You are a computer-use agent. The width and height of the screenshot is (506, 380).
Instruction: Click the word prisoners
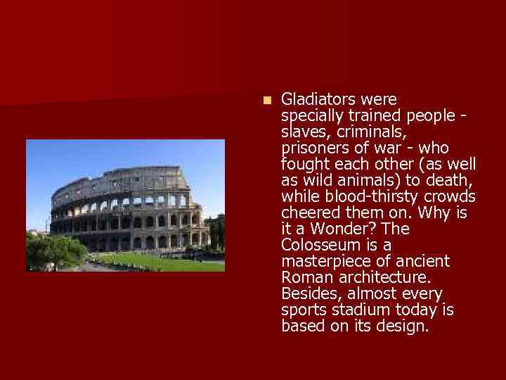click(314, 148)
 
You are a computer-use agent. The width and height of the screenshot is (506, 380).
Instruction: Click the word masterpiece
click(324, 261)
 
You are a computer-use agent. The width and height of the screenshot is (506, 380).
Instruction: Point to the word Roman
click(303, 277)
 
